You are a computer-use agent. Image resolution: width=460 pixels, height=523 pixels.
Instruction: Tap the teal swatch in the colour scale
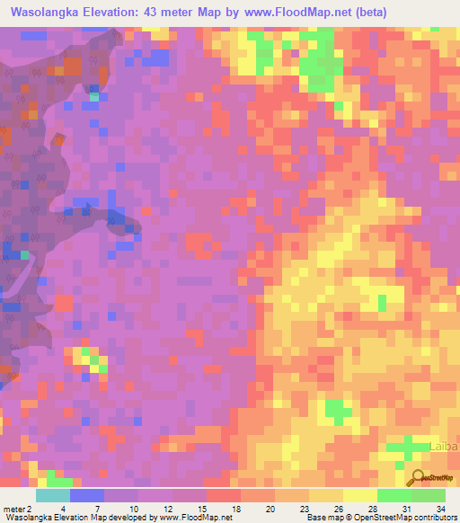click(53, 495)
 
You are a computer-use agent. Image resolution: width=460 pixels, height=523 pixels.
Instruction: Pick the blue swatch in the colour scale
click(87, 495)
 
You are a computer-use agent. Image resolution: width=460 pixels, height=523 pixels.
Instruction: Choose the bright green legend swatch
click(394, 495)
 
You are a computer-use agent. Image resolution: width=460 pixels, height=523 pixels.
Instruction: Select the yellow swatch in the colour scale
click(360, 495)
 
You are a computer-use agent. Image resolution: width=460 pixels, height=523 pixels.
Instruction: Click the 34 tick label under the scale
click(439, 509)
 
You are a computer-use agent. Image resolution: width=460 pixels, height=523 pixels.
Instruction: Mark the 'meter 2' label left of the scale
click(17, 509)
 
